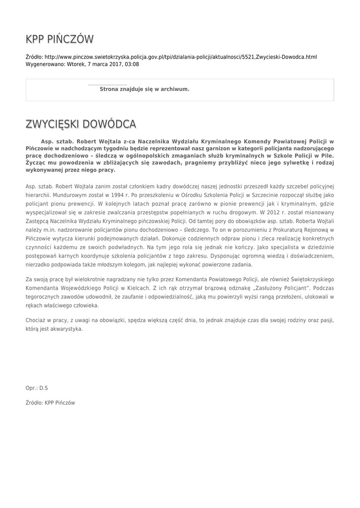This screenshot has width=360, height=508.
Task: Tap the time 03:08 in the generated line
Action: pos(132,64)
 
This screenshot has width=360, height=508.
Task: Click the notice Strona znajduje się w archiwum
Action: pos(144,89)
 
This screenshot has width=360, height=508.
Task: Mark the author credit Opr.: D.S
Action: pos(37,387)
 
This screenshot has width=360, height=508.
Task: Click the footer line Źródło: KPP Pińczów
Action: pos(50,403)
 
